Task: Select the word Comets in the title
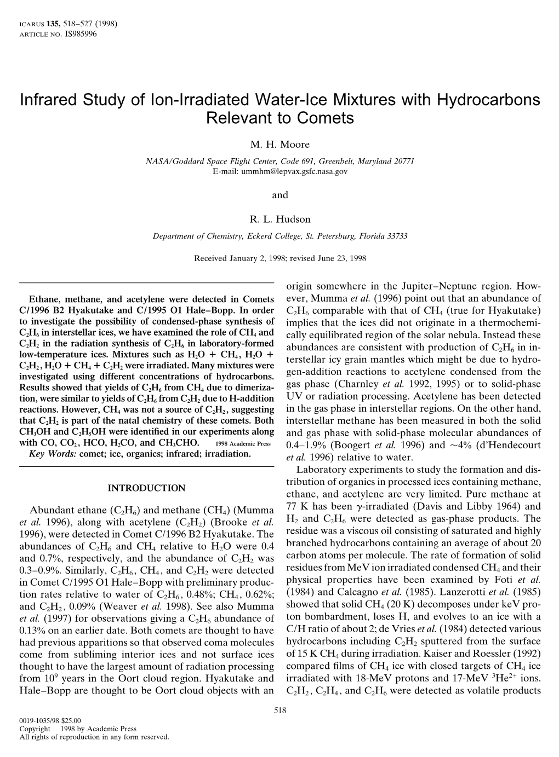point(328,117)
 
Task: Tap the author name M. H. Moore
point(279,145)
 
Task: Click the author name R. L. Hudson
point(279,219)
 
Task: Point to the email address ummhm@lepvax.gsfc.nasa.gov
point(279,171)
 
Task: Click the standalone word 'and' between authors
point(279,195)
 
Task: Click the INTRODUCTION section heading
point(146,488)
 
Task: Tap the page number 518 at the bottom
point(279,710)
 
